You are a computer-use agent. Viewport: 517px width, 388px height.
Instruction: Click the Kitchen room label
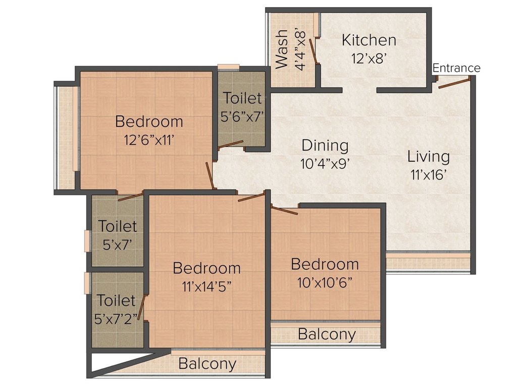(x=369, y=40)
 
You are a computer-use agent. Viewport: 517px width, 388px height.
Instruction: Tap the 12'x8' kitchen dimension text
(x=369, y=58)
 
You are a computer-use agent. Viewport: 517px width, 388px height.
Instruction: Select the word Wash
(x=282, y=48)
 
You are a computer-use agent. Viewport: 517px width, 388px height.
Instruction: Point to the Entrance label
(x=456, y=68)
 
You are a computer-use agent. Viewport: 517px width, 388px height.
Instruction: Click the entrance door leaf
(x=454, y=82)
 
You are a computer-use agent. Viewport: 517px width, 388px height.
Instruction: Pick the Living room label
(x=428, y=157)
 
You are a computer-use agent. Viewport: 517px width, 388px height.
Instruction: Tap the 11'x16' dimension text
(x=428, y=175)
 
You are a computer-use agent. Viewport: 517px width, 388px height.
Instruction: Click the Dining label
(x=325, y=145)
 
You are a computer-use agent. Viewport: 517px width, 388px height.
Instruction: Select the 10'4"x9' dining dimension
(x=325, y=164)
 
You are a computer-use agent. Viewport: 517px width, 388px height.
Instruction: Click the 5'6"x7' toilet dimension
(x=242, y=116)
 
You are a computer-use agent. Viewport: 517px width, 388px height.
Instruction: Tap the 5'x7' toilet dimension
(x=117, y=245)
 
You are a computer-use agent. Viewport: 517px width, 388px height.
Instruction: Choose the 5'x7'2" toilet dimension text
(x=116, y=319)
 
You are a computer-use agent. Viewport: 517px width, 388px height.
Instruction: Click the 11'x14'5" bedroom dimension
(x=206, y=286)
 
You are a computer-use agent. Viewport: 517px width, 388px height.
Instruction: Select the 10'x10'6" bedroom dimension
(x=325, y=282)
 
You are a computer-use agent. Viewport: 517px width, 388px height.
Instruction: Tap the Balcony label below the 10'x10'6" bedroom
(x=326, y=334)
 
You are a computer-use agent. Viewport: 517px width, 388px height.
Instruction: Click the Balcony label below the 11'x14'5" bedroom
(x=207, y=364)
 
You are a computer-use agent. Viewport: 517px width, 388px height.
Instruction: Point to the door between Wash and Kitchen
(x=313, y=52)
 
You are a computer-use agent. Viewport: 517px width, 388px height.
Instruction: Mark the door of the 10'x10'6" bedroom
(x=285, y=210)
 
